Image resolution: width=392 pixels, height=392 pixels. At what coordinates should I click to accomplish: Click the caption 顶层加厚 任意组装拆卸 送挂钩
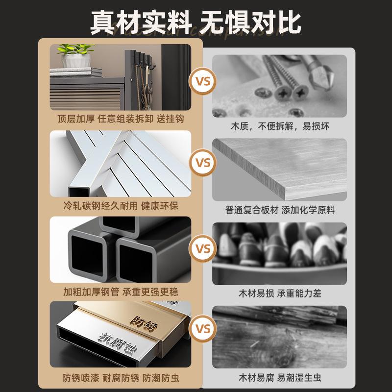[x=121, y=119]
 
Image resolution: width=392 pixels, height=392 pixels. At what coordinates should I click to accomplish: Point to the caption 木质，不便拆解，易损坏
[x=280, y=126]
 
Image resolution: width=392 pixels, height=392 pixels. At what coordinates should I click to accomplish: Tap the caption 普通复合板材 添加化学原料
[x=280, y=210]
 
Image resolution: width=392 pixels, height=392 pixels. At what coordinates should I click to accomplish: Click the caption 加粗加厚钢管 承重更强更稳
[x=121, y=293]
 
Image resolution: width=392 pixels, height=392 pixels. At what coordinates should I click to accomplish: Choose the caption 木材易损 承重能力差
[x=280, y=294]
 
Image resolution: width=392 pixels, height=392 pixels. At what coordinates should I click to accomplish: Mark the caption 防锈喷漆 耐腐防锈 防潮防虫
[x=121, y=378]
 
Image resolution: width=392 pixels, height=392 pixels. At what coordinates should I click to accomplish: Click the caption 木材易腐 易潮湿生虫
[x=280, y=378]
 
